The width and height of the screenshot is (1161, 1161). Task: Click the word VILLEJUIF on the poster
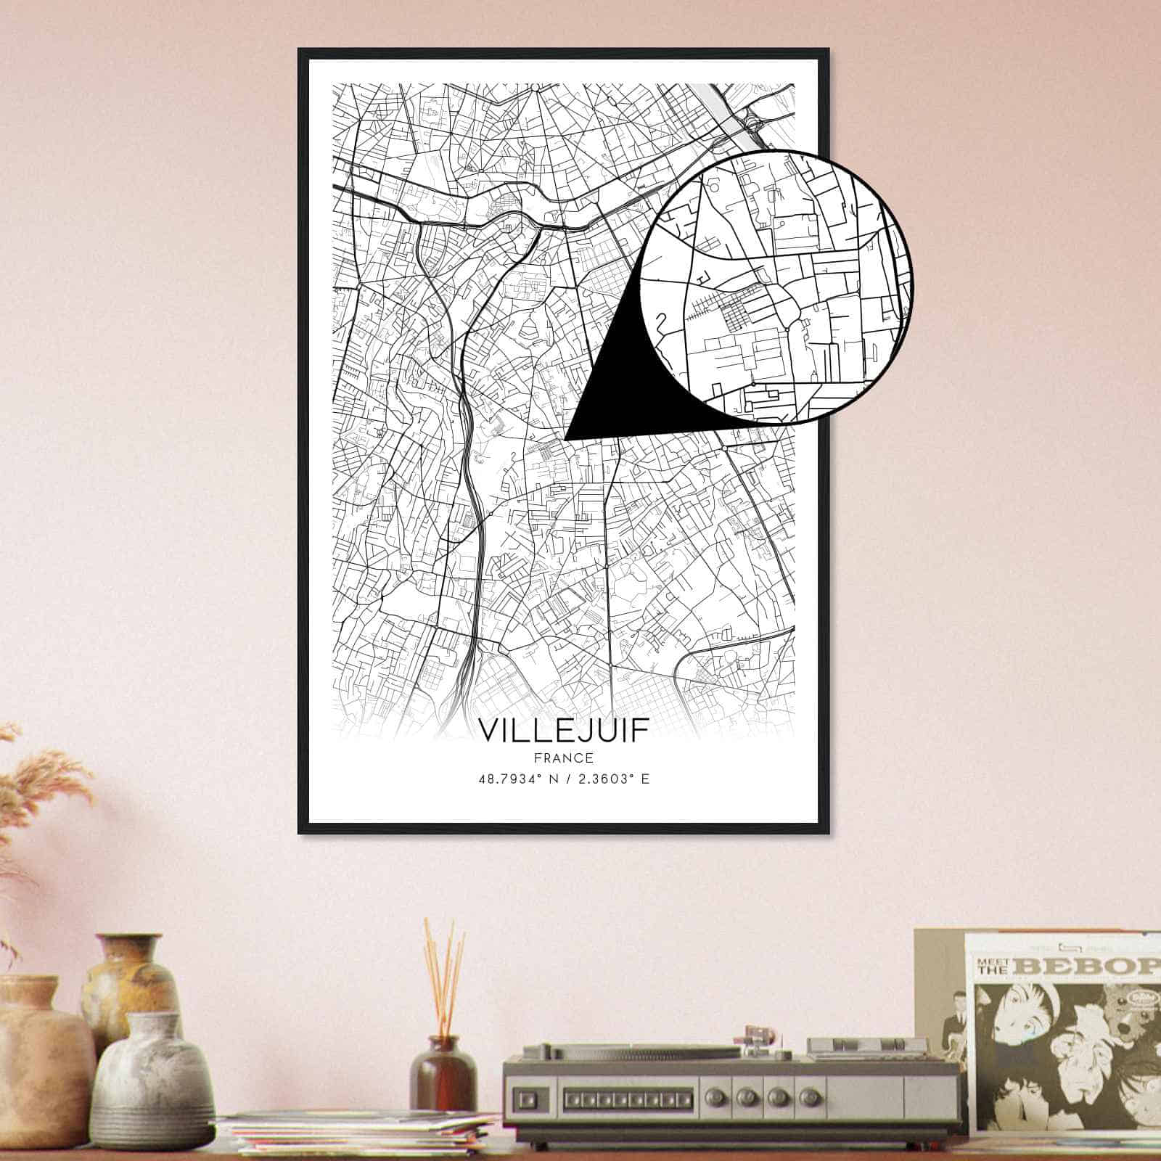pyautogui.click(x=563, y=731)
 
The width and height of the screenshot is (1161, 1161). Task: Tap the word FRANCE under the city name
pyautogui.click(x=563, y=758)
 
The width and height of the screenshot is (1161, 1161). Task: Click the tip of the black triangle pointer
pyautogui.click(x=565, y=438)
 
